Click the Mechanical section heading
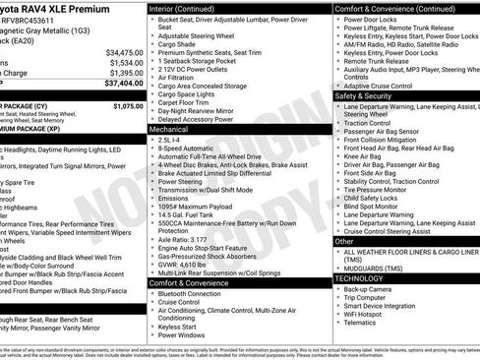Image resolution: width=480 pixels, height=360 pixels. pos(168,129)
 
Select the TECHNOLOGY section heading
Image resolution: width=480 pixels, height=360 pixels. pos(361,278)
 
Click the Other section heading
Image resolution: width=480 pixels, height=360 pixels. pos(344,241)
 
